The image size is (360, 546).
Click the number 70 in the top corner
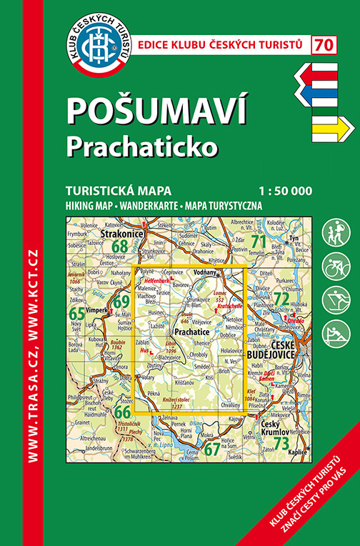tap(324, 44)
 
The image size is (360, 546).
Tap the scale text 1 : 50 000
tap(286, 191)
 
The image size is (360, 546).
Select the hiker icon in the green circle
tap(336, 233)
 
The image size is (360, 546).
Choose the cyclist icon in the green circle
tap(336, 267)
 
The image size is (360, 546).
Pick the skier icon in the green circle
tap(336, 300)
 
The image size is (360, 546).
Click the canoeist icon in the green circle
tap(336, 334)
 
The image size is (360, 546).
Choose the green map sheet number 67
tap(211, 449)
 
